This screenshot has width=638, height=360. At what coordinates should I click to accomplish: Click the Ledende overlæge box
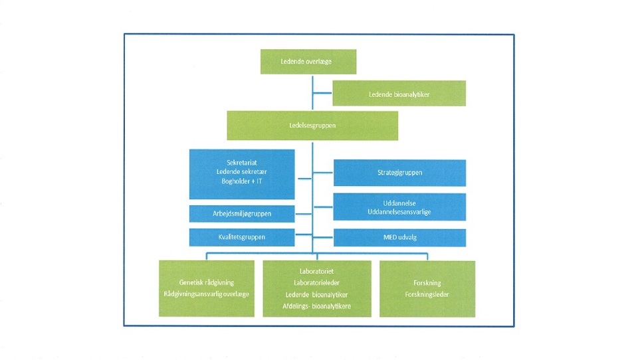[x=308, y=61]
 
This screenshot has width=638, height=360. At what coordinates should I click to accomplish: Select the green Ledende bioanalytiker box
[x=399, y=94]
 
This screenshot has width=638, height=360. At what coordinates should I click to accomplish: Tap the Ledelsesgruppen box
[x=312, y=126]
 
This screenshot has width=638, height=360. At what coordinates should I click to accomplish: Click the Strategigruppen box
[x=399, y=173]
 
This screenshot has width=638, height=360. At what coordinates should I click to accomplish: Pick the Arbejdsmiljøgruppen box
[x=242, y=214]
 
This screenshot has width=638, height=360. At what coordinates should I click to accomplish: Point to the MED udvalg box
[x=399, y=237]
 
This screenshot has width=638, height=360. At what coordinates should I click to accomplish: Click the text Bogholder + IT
[x=242, y=181]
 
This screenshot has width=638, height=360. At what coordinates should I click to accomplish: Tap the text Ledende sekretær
[x=242, y=172]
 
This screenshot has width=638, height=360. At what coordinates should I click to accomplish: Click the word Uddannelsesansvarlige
[x=399, y=211]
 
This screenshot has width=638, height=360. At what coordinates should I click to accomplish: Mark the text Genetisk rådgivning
[x=206, y=282]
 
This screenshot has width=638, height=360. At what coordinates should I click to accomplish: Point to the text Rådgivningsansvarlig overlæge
[x=206, y=294]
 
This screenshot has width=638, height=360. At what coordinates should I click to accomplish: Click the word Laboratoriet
[x=316, y=271]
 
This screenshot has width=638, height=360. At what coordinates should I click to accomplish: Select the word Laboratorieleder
[x=316, y=282]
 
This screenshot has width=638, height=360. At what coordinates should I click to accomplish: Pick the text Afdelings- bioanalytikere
[x=316, y=306]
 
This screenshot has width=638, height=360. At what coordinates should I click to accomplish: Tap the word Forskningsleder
[x=427, y=294]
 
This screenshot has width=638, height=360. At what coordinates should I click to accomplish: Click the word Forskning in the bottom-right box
[x=427, y=282]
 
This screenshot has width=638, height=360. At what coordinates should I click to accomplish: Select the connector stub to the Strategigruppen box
[x=323, y=173]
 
